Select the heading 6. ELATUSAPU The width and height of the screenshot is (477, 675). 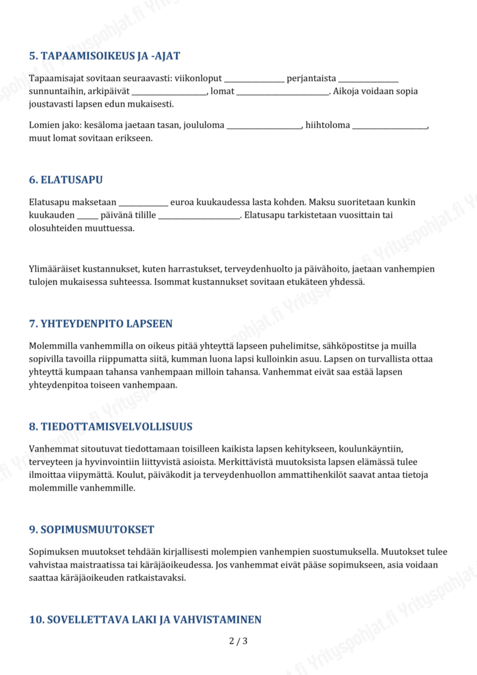coord(65,180)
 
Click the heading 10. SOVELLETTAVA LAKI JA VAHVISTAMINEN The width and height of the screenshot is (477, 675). coord(145,619)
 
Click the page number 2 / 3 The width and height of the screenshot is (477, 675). coord(238,641)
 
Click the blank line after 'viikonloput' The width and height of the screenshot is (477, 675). coord(254,80)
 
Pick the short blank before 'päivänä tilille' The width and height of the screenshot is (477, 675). coord(87,216)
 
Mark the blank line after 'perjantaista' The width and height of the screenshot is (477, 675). coord(368,80)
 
